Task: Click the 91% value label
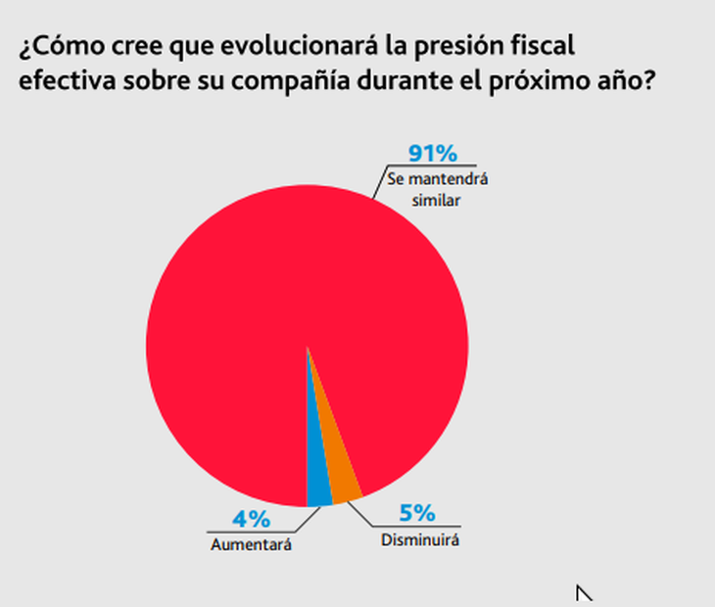432,153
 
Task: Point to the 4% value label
252,519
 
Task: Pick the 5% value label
417,514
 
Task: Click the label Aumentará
251,544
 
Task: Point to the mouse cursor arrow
584,592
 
